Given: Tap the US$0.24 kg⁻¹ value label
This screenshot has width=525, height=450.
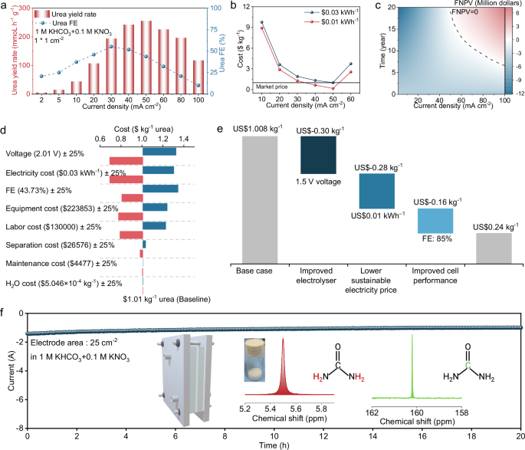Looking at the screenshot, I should click(496, 226).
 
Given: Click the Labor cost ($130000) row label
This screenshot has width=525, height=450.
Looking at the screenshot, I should click(51, 226).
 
